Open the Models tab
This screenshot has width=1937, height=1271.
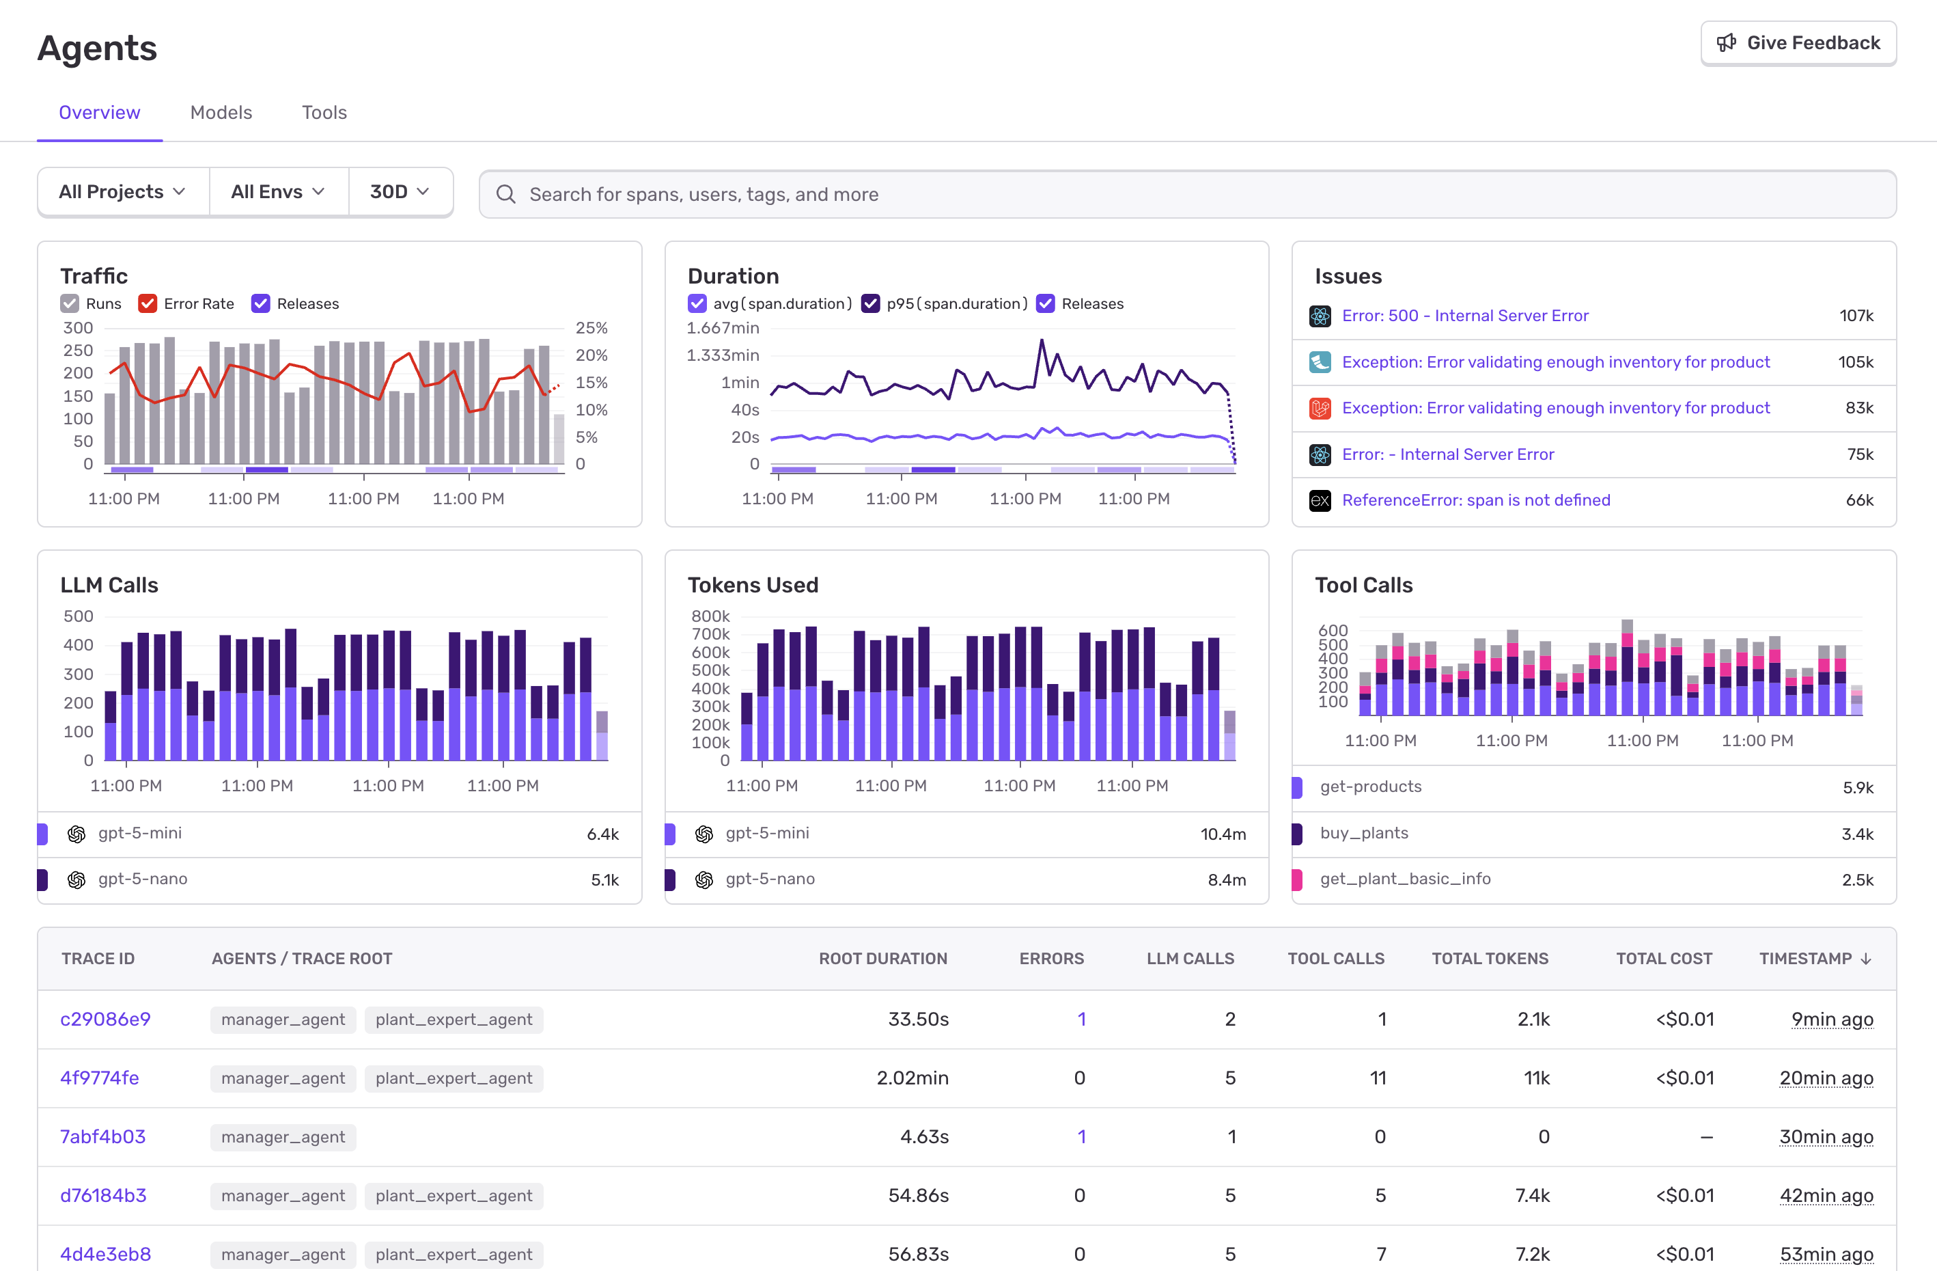coord(221,112)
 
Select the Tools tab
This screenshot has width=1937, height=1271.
coord(324,112)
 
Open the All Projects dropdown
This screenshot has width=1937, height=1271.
coord(123,191)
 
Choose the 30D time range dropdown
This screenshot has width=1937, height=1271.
coord(399,191)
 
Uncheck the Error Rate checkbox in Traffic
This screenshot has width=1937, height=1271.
coord(148,303)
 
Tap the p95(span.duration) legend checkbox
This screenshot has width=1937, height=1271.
coord(870,303)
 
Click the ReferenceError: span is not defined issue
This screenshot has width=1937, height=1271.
coord(1475,500)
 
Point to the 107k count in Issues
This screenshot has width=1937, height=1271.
coord(1856,316)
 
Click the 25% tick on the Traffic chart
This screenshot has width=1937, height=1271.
coord(591,328)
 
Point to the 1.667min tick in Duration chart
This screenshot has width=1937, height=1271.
coord(722,328)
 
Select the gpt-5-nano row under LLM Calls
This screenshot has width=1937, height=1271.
coord(143,879)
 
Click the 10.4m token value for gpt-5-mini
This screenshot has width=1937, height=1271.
coord(1223,834)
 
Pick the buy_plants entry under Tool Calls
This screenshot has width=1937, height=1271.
coord(1363,833)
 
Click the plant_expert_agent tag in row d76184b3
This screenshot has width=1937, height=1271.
coord(454,1195)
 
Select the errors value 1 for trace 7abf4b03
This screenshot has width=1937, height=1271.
coord(1081,1136)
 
